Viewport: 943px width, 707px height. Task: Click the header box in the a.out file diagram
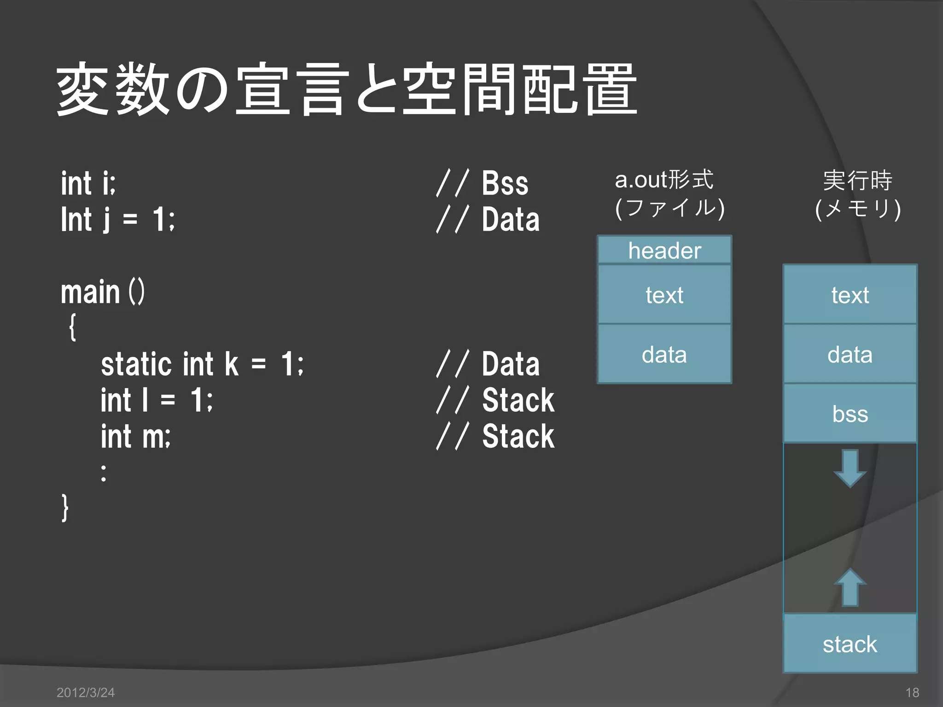(664, 250)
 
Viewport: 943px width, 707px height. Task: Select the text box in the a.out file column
(664, 295)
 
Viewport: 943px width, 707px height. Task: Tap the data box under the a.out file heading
(664, 354)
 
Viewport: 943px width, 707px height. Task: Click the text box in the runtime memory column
(850, 295)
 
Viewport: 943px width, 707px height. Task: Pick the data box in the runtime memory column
(850, 354)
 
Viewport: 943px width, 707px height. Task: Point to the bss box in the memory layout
(850, 413)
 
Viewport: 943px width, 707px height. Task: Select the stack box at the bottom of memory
(850, 643)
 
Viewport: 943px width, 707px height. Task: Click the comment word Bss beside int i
(505, 183)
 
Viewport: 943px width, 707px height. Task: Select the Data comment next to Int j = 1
(511, 220)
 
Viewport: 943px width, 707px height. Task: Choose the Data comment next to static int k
(511, 364)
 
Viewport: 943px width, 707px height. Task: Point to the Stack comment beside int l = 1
(518, 400)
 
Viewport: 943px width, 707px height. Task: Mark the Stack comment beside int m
(518, 436)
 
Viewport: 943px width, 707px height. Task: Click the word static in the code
(136, 364)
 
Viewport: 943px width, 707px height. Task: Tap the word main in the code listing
(90, 292)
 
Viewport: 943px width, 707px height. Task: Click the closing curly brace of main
(65, 508)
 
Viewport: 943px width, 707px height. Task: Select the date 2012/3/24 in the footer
(86, 692)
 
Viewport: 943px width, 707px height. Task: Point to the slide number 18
(912, 692)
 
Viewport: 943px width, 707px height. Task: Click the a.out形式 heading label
(664, 180)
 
